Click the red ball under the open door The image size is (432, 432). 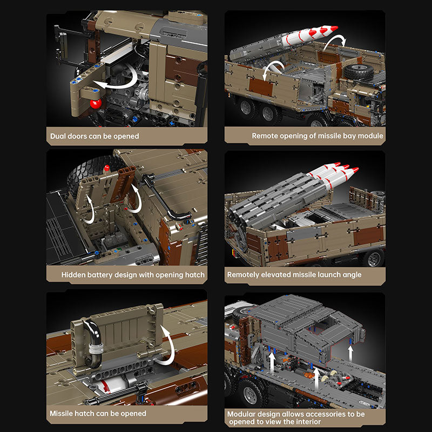click(x=96, y=104)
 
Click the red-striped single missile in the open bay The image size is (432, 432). click(x=308, y=36)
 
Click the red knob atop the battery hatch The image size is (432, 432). click(x=107, y=168)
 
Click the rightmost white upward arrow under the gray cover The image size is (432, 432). click(x=350, y=354)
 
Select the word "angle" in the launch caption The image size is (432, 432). click(x=352, y=275)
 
